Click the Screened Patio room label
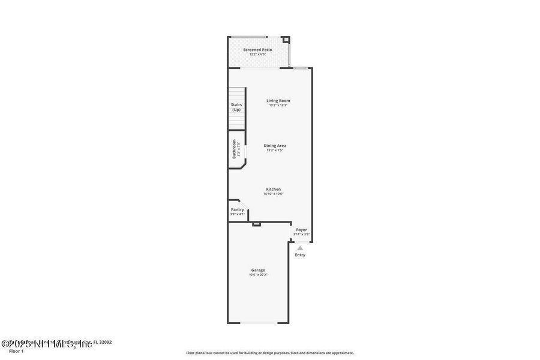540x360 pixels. pos(257,50)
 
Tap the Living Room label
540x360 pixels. pos(278,101)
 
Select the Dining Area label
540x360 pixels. pos(275,145)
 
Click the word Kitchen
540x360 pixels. pos(274,189)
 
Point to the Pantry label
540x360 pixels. pos(237,209)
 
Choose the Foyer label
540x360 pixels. pos(301,230)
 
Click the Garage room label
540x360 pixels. pos(258,270)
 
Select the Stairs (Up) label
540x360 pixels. pos(236,107)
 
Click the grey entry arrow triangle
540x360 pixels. pos(300,247)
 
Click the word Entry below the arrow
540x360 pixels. pos(300,255)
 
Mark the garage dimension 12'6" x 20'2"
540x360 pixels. pos(258,275)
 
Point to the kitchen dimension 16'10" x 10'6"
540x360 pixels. pos(274,194)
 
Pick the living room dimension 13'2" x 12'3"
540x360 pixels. pos(278,106)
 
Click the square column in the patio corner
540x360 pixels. pos(286,40)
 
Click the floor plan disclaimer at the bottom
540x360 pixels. pos(270,353)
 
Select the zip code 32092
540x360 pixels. pos(106,343)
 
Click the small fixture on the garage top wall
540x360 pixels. pos(256,224)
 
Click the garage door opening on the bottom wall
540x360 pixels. pos(258,323)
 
